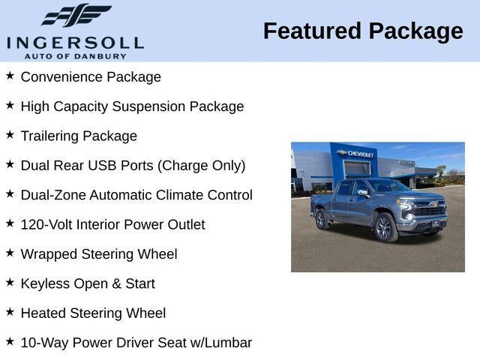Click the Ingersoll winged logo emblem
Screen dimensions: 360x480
pyautogui.click(x=76, y=15)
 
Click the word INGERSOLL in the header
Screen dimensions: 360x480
pyautogui.click(x=75, y=43)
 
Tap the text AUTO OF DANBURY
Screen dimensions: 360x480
pyautogui.click(x=75, y=55)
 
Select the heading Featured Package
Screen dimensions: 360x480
pyautogui.click(x=363, y=31)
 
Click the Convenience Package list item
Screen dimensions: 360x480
pyautogui.click(x=91, y=77)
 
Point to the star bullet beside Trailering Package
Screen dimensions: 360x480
pyautogui.click(x=10, y=135)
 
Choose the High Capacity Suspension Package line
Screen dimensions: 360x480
pyautogui.click(x=132, y=106)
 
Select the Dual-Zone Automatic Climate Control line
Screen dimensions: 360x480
pyautogui.click(x=136, y=195)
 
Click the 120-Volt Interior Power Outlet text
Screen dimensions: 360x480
pyautogui.click(x=112, y=225)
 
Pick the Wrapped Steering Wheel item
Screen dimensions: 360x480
pyautogui.click(x=99, y=254)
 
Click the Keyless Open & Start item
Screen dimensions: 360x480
pyautogui.click(x=88, y=283)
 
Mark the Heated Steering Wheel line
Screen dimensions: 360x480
pyautogui.click(x=93, y=313)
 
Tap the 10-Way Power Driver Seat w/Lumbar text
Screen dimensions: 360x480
pyautogui.click(x=136, y=343)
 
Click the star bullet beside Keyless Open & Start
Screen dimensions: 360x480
pyautogui.click(x=10, y=283)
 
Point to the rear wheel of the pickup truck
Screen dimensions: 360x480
pyautogui.click(x=321, y=218)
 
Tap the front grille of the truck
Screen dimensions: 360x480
pyautogui.click(x=430, y=211)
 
